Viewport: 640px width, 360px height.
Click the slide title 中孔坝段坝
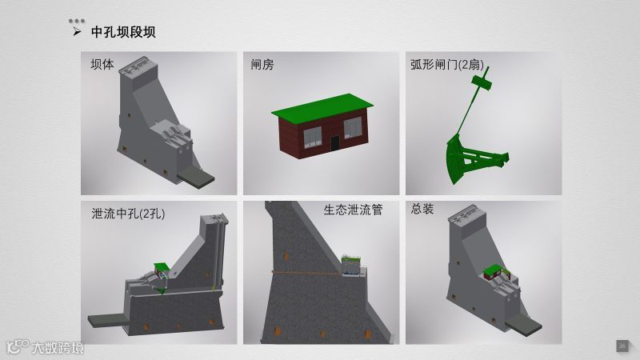[123, 32]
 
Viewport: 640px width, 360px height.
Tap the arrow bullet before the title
[77, 31]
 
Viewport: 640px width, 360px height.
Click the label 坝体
[102, 64]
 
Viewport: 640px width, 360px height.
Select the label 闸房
[262, 64]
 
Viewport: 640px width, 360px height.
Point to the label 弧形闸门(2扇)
[447, 65]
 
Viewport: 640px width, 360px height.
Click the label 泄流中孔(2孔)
[128, 214]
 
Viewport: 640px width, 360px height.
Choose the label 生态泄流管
[353, 210]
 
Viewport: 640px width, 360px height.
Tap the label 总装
[422, 209]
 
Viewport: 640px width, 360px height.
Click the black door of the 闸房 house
[334, 142]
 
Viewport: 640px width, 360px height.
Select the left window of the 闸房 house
[312, 137]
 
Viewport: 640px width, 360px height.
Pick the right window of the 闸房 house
[353, 128]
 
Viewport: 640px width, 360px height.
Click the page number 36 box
[622, 346]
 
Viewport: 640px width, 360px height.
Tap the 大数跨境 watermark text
[58, 348]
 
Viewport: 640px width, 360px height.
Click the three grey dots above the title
[77, 21]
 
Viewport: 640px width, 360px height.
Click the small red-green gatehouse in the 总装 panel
[493, 272]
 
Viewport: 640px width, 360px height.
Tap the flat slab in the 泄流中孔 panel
[108, 320]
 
